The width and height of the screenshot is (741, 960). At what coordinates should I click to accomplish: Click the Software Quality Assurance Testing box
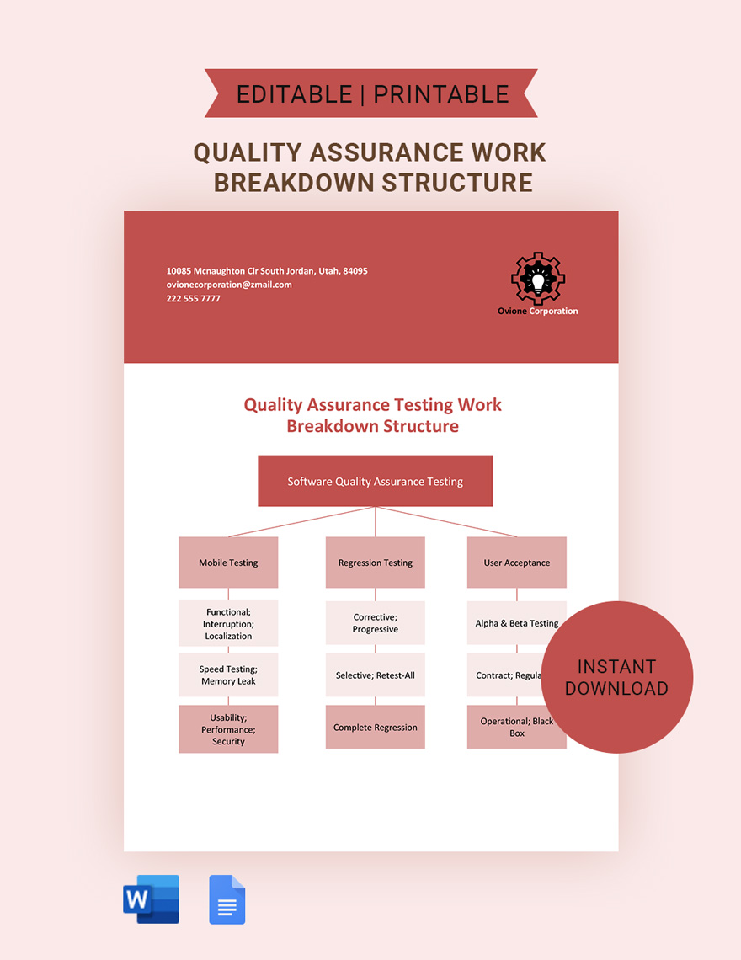pos(375,481)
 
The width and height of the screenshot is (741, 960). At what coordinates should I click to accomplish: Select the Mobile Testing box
pos(228,563)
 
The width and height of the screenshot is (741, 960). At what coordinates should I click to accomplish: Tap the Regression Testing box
pos(375,563)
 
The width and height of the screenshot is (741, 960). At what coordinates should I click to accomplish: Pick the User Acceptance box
pos(516,563)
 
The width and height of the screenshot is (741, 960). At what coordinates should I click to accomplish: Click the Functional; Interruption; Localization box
pos(228,624)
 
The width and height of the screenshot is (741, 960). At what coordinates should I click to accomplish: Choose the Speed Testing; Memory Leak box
pos(228,675)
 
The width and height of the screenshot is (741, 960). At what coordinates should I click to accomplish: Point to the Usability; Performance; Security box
pos(228,729)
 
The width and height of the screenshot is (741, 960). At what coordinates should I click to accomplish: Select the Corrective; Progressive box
pos(375,624)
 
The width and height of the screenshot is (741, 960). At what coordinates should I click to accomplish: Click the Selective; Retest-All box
pos(375,675)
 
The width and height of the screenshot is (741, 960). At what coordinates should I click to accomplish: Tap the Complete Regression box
pos(375,728)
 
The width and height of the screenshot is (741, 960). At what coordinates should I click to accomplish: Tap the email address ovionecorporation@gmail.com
pos(229,285)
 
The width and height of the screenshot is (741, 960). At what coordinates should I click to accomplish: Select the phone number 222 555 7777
pos(194,299)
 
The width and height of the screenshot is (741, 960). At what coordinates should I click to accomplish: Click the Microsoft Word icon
pos(152,899)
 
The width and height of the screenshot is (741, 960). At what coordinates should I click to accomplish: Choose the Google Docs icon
pos(227,899)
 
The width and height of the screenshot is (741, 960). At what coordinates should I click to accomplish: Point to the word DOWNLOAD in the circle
pos(616,689)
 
